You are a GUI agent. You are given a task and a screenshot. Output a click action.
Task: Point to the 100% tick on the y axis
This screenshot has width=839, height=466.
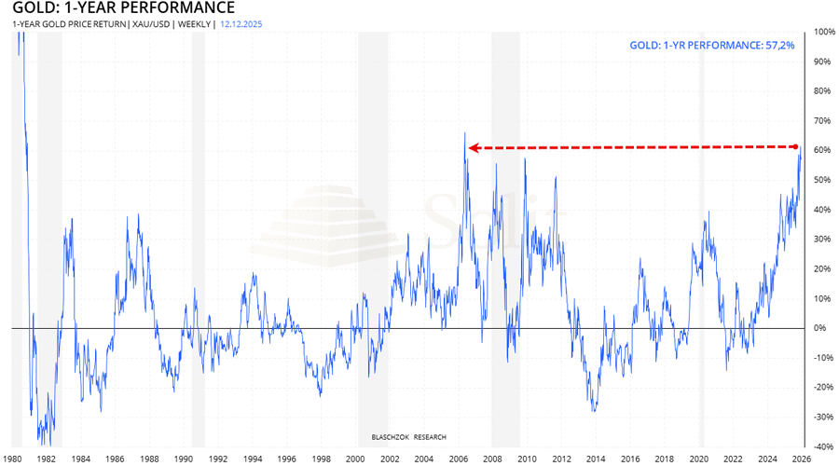(824, 31)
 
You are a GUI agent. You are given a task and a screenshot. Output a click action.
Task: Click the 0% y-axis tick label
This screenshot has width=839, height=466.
(820, 328)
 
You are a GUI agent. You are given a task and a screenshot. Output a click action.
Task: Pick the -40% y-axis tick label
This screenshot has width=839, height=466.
(824, 446)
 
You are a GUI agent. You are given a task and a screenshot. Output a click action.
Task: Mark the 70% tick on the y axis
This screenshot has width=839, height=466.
(822, 120)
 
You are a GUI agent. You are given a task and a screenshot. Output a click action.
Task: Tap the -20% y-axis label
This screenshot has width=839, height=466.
(824, 388)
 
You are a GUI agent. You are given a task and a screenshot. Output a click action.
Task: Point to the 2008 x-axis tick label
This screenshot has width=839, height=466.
(493, 459)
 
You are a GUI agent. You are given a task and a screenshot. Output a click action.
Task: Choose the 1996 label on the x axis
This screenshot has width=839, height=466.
(286, 459)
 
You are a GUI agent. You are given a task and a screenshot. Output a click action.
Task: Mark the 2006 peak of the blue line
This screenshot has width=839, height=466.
(464, 133)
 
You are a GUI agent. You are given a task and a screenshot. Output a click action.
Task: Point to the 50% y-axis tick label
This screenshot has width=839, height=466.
(822, 180)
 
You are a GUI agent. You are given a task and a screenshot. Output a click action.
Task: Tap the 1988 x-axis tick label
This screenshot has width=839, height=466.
(149, 459)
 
